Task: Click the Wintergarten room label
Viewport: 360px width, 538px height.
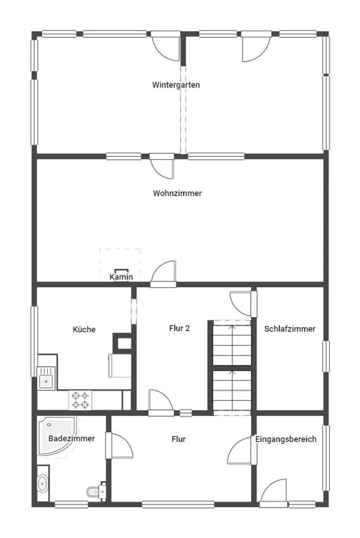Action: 176,85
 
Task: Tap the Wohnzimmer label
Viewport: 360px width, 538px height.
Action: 177,193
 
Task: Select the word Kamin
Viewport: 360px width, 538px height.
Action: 121,277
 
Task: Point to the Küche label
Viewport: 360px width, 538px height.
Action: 84,329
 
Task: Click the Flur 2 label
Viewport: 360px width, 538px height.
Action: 179,328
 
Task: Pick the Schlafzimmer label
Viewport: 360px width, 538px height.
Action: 290,329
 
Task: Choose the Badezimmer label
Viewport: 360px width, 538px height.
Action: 72,438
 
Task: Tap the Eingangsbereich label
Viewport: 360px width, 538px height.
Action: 286,439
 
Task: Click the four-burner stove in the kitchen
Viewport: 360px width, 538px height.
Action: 80,400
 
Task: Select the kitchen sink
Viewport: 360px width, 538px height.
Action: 46,378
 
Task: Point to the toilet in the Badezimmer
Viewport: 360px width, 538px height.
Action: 96,491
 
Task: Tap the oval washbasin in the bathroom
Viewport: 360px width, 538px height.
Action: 43,483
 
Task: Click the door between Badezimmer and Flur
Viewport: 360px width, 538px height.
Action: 119,446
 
